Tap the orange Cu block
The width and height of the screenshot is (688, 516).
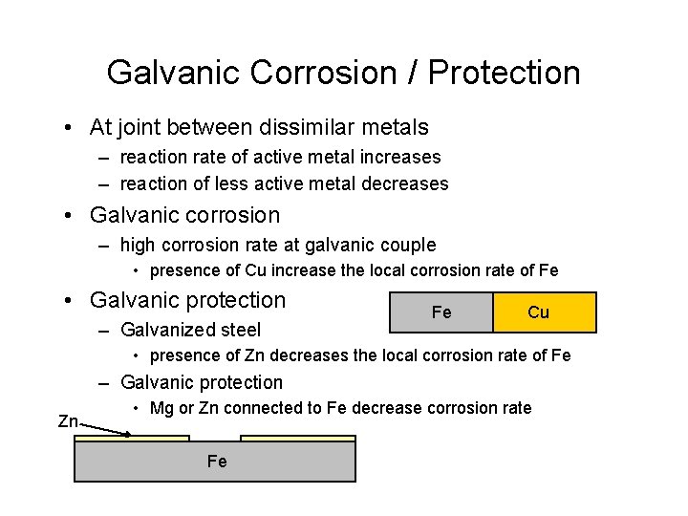click(544, 312)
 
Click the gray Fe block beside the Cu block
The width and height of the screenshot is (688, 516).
click(441, 312)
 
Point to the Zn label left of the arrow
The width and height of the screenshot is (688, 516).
click(68, 421)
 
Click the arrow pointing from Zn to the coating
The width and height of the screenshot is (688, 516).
click(105, 428)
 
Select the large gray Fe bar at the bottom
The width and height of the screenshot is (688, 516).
click(215, 462)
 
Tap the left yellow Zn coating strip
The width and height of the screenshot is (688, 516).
click(132, 439)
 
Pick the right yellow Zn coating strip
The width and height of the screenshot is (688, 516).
click(297, 439)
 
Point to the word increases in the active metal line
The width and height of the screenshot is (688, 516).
click(400, 157)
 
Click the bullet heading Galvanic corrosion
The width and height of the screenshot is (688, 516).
click(184, 215)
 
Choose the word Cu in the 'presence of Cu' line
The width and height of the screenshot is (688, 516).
click(256, 270)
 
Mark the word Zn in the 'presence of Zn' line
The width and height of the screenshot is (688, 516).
click(256, 355)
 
